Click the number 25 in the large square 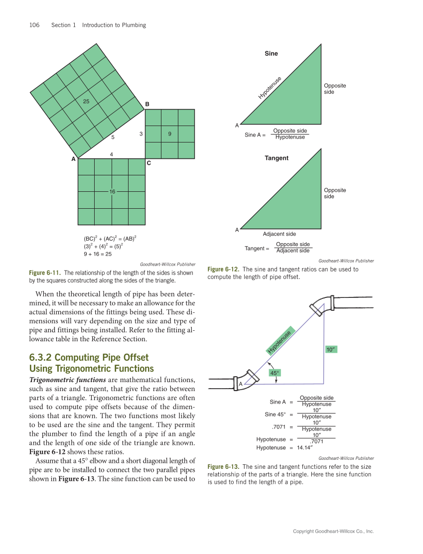tap(86, 101)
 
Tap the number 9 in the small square tap(170, 134)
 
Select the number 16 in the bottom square tap(112, 191)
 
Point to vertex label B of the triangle tap(147, 104)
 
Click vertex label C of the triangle tap(148, 163)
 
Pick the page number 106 tap(35, 25)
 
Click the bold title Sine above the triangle tap(271, 53)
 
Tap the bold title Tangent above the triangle tap(276, 158)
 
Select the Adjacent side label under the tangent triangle tap(279, 234)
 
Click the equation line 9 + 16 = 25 tap(98, 254)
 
